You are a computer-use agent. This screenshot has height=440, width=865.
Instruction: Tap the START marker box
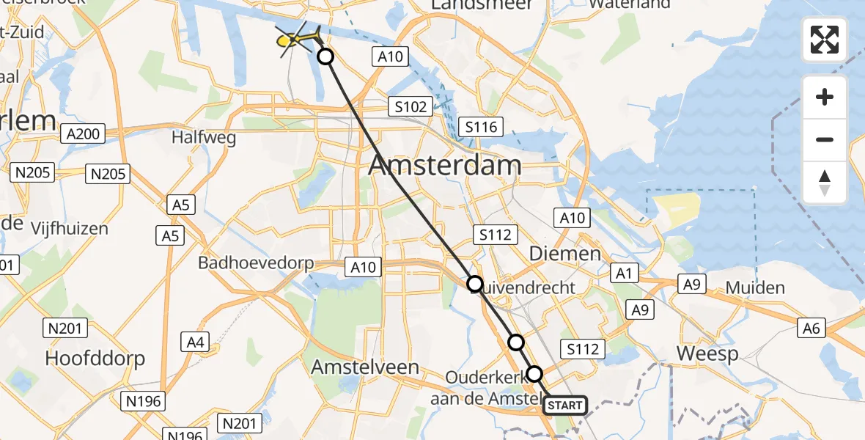[565, 405]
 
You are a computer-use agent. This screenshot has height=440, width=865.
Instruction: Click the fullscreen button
[825, 40]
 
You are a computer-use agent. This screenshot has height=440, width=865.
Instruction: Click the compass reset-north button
[825, 183]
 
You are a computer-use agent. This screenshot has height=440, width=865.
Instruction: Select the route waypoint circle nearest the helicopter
[325, 56]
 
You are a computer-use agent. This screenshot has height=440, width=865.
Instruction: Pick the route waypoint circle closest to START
[535, 374]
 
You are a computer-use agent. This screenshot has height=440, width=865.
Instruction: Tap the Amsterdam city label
[445, 165]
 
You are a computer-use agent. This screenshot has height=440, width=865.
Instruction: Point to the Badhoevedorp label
[256, 263]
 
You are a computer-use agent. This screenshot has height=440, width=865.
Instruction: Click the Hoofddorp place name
[95, 358]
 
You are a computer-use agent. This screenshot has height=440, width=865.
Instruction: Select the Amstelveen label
[365, 367]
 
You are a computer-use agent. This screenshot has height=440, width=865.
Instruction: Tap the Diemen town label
[565, 254]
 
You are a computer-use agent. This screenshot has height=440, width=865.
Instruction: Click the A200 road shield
[85, 133]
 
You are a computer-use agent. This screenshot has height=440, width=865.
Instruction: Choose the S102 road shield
[410, 107]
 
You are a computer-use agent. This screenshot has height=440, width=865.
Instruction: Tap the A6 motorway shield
[811, 329]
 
